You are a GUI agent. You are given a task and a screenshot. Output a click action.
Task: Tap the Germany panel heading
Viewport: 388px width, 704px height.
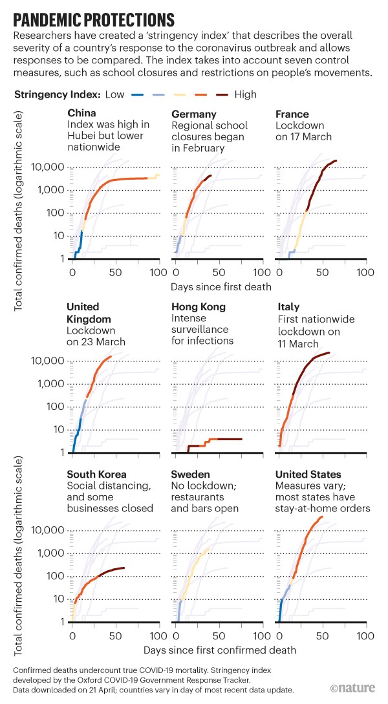[x=193, y=114]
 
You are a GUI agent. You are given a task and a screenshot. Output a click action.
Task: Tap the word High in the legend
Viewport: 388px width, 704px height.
[x=245, y=94]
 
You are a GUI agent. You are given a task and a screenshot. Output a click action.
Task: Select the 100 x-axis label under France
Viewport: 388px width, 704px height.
[x=365, y=272]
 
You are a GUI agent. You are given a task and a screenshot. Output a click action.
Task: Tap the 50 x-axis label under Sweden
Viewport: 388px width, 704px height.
[x=220, y=635]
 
